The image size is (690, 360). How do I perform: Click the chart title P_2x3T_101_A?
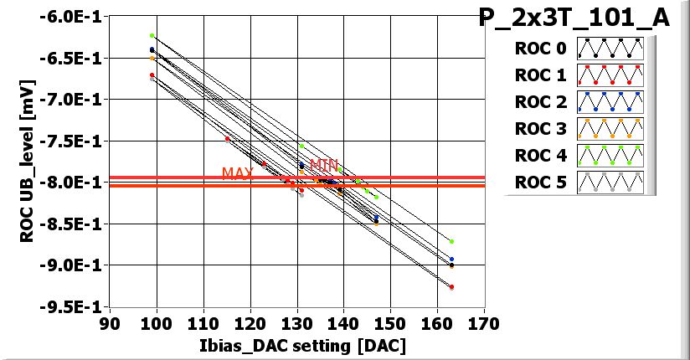click(574, 18)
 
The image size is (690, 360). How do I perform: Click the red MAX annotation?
click(237, 173)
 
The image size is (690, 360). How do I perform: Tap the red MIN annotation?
click(324, 166)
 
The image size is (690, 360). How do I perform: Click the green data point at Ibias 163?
click(451, 241)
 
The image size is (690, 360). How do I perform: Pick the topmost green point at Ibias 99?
click(152, 35)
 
